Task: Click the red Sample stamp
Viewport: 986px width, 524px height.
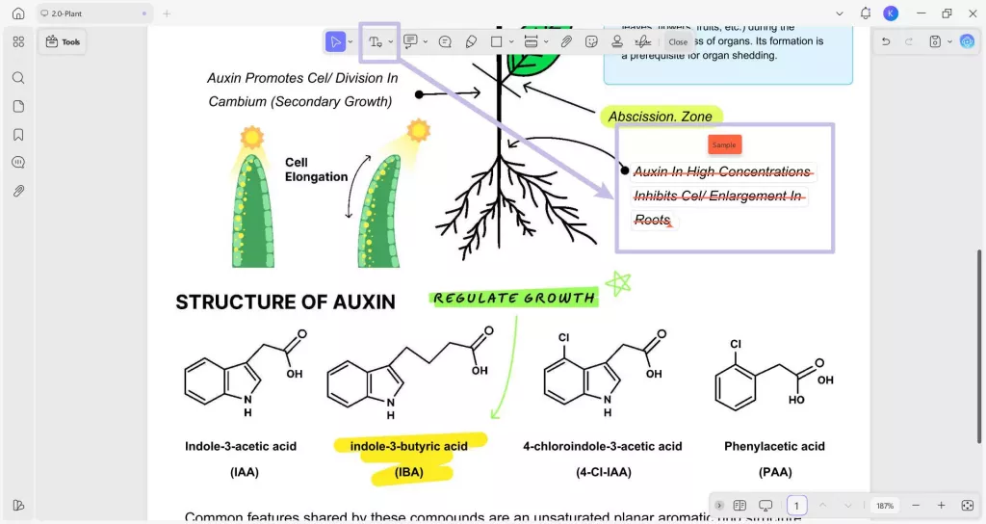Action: [x=724, y=144]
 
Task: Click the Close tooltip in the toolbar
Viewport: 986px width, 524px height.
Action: [x=678, y=41]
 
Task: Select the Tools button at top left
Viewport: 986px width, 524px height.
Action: [x=64, y=41]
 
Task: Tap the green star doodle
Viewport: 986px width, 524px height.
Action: [x=617, y=283]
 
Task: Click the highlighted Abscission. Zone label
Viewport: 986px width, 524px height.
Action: [x=661, y=117]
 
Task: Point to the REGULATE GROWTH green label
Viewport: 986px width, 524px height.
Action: [x=513, y=298]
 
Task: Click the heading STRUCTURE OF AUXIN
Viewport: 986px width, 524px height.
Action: [x=285, y=302]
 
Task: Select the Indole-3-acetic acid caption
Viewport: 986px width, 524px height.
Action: [x=241, y=446]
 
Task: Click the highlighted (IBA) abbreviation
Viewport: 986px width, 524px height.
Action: [x=408, y=472]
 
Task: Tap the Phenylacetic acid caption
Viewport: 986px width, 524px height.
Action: [x=774, y=446]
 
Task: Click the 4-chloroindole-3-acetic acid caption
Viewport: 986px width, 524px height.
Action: [x=602, y=446]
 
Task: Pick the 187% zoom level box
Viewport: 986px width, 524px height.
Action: [x=884, y=506]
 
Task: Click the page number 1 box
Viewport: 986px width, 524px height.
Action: [x=796, y=506]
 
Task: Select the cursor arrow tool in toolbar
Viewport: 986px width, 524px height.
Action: [x=335, y=41]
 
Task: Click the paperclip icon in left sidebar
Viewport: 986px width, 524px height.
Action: [x=18, y=191]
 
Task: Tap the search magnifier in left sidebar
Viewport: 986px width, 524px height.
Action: [x=18, y=78]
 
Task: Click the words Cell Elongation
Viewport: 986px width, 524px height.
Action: [x=316, y=170]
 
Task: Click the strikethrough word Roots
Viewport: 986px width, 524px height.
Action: [x=652, y=221]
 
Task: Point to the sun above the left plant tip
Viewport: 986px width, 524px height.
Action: [x=252, y=138]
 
